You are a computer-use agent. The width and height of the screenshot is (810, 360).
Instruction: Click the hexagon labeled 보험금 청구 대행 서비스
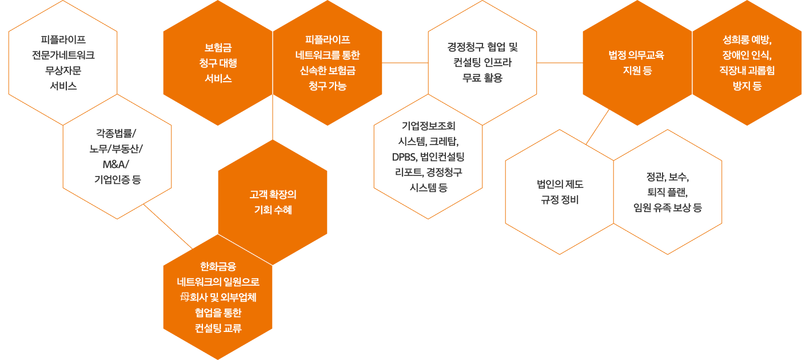pyautogui.click(x=218, y=63)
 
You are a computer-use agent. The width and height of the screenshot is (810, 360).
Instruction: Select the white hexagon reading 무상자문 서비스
pyautogui.click(x=63, y=63)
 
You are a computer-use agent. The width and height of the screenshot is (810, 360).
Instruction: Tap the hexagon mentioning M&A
pyautogui.click(x=117, y=156)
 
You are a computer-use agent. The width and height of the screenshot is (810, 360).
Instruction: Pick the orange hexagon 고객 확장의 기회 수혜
pyautogui.click(x=273, y=202)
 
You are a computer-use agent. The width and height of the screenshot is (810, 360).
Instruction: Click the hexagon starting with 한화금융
pyautogui.click(x=218, y=297)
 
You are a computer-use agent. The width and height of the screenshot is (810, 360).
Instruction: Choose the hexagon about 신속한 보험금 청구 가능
pyautogui.click(x=328, y=63)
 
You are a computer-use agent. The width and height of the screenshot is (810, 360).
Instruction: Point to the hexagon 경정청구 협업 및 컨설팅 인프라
pyautogui.click(x=482, y=62)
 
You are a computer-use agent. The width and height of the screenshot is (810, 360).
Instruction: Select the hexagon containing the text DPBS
pyautogui.click(x=428, y=156)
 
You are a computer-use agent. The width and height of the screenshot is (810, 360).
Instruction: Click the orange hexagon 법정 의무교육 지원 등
pyautogui.click(x=637, y=63)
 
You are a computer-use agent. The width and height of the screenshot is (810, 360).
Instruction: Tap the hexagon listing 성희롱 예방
pyautogui.click(x=747, y=63)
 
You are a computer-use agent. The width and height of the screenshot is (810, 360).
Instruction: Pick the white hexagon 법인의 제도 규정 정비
pyautogui.click(x=560, y=192)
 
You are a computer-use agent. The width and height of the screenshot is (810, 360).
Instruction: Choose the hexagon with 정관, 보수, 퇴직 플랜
pyautogui.click(x=668, y=192)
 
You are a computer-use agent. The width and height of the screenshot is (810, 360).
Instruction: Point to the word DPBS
pyautogui.click(x=404, y=157)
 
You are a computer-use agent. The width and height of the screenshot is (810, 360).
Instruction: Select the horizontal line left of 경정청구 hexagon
pyautogui.click(x=405, y=62)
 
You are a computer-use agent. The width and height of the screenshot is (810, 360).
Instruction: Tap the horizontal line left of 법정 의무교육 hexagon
pyautogui.click(x=560, y=62)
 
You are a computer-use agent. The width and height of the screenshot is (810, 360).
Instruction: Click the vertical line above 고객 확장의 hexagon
pyautogui.click(x=273, y=117)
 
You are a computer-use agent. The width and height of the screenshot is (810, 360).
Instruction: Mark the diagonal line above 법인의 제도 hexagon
pyautogui.click(x=598, y=126)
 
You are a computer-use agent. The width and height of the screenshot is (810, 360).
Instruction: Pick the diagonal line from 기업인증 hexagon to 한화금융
pyautogui.click(x=169, y=227)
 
